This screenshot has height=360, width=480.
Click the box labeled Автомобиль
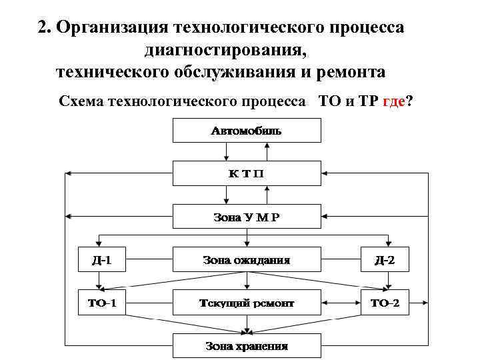click(x=247, y=131)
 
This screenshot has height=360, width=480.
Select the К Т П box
click(x=247, y=173)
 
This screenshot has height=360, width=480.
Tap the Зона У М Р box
click(x=247, y=217)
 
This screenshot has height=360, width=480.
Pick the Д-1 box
click(x=101, y=259)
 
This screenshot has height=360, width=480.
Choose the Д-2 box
click(x=385, y=259)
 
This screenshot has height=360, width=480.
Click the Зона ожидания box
click(x=247, y=259)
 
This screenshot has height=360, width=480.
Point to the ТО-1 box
click(x=101, y=303)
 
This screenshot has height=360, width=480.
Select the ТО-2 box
click(x=385, y=303)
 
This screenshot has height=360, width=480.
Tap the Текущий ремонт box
click(x=247, y=303)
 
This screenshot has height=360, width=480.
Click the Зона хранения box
click(x=247, y=346)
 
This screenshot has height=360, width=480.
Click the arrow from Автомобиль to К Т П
click(x=247, y=152)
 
